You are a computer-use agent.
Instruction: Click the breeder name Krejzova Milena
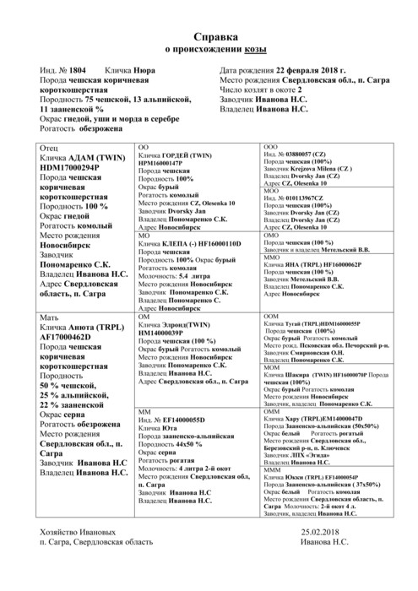322,168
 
